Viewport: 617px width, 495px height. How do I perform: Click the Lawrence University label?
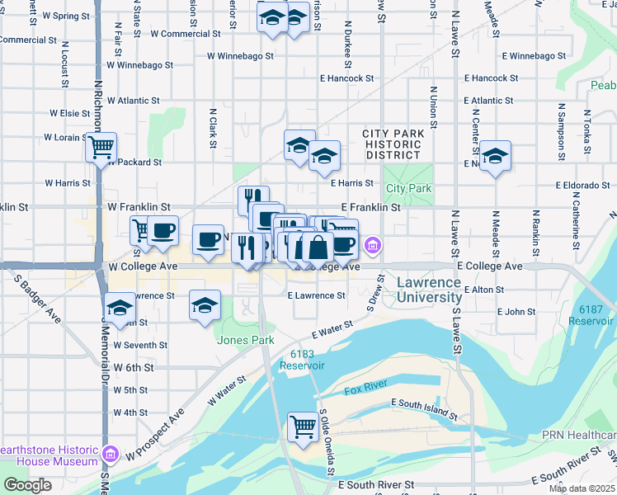click(428, 290)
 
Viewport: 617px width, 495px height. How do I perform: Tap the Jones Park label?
click(239, 339)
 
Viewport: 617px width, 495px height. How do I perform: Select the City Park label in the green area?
click(408, 188)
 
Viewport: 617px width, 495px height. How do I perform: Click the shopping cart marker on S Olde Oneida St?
click(303, 427)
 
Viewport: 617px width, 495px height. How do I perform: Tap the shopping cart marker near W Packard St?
click(101, 148)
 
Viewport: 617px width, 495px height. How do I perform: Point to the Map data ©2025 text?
click(582, 488)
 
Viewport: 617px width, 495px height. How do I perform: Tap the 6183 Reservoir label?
click(302, 359)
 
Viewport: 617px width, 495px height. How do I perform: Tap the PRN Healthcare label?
click(578, 435)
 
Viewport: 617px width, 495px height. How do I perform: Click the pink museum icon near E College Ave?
click(373, 244)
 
